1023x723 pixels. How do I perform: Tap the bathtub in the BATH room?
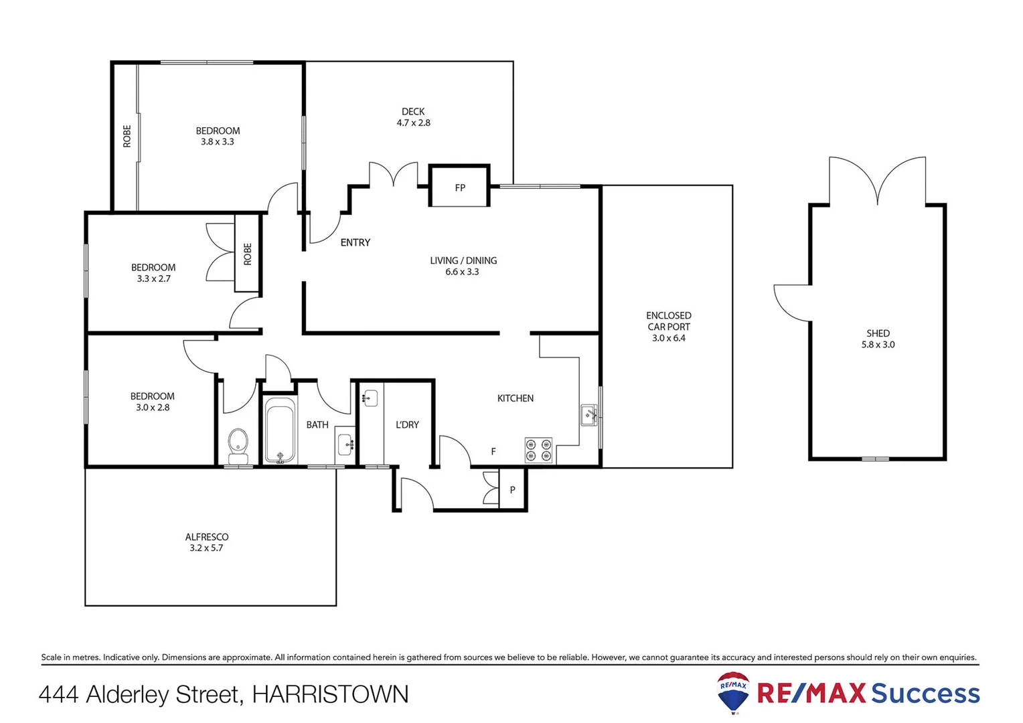click(280, 430)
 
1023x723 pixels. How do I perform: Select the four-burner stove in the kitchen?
click(538, 450)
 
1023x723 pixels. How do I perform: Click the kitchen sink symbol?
click(589, 415)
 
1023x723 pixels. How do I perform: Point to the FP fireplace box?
click(459, 187)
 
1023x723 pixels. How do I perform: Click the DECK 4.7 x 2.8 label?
click(413, 117)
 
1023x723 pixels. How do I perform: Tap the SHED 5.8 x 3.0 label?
click(878, 339)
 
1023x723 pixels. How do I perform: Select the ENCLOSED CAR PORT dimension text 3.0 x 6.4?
click(668, 338)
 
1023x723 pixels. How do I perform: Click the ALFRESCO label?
click(206, 537)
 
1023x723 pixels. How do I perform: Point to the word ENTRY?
click(355, 242)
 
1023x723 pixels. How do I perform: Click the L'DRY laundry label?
click(407, 424)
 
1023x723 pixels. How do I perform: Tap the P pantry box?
click(513, 490)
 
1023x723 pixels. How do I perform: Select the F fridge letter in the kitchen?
click(493, 452)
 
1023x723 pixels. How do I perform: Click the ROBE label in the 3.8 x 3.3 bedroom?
click(127, 137)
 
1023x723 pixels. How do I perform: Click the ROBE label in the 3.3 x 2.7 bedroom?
click(247, 254)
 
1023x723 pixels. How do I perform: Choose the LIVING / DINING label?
click(463, 260)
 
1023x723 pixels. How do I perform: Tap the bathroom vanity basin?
click(345, 443)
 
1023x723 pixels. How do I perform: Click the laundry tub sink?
click(370, 399)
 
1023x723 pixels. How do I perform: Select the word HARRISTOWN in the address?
click(330, 694)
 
